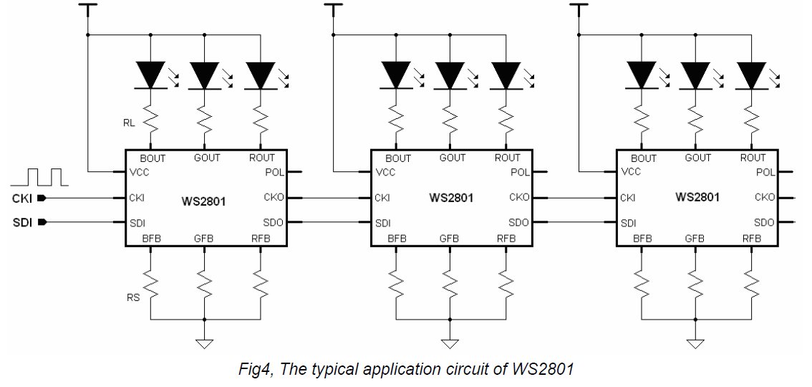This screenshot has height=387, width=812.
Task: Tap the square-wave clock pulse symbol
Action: (44, 176)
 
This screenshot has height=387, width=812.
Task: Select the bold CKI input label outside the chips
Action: (21, 198)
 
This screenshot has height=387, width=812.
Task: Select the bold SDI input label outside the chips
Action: (21, 222)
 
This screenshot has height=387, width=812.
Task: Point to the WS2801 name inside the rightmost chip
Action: (697, 196)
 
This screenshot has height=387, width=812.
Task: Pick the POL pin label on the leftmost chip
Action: (274, 173)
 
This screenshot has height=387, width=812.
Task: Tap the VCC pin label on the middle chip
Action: (385, 172)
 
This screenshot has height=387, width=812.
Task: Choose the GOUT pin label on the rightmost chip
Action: (697, 158)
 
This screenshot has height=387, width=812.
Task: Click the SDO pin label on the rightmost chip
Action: (765, 222)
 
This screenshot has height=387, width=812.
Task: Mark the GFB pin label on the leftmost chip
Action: (204, 239)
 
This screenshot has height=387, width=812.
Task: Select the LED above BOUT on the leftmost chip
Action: (150, 75)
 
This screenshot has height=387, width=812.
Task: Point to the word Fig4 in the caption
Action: (252, 370)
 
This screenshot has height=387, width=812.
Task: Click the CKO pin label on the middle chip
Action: (519, 197)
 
